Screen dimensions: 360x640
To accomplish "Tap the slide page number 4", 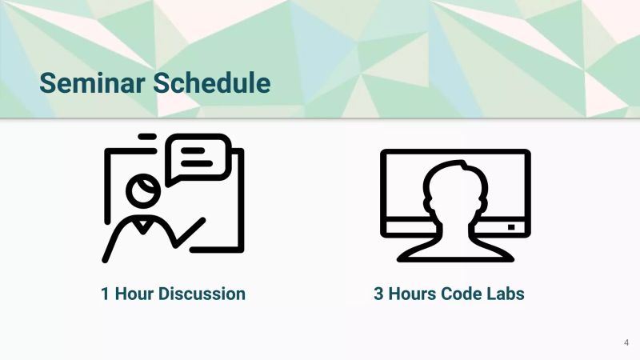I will coord(626,342).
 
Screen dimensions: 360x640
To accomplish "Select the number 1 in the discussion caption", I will coord(105,294).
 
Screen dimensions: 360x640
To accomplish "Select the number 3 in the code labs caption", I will coord(378,294).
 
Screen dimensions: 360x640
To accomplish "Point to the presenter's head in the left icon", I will coord(145,190).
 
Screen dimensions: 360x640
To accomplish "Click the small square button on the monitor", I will coord(511,227).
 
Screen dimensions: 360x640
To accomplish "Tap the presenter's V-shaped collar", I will coord(143,225).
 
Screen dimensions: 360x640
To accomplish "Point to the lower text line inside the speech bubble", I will coord(196,162).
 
